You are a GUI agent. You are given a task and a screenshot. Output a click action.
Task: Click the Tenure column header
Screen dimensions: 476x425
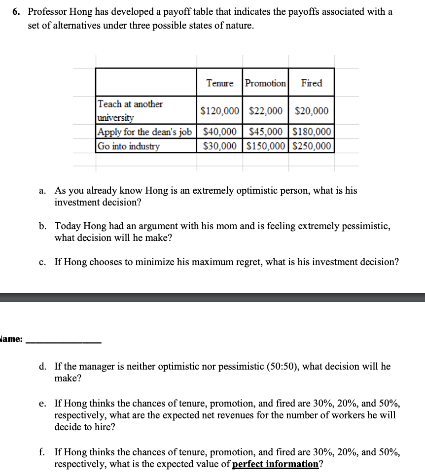click(x=219, y=83)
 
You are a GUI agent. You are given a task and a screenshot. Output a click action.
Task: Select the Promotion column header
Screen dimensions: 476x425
click(x=265, y=83)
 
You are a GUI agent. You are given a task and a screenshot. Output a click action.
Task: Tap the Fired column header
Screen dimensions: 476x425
click(x=312, y=83)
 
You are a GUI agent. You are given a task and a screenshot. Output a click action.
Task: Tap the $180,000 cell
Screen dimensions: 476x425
click(x=312, y=132)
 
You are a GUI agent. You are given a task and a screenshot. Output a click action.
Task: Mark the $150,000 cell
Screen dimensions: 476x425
click(x=265, y=146)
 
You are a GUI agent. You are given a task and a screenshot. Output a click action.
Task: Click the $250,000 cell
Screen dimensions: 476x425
click(x=312, y=146)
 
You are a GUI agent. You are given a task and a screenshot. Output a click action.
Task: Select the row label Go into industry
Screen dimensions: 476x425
click(x=129, y=146)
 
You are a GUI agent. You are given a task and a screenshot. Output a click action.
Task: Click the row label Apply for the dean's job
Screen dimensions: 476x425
click(x=144, y=132)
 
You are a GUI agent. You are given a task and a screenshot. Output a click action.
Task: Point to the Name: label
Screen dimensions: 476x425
click(x=11, y=340)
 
